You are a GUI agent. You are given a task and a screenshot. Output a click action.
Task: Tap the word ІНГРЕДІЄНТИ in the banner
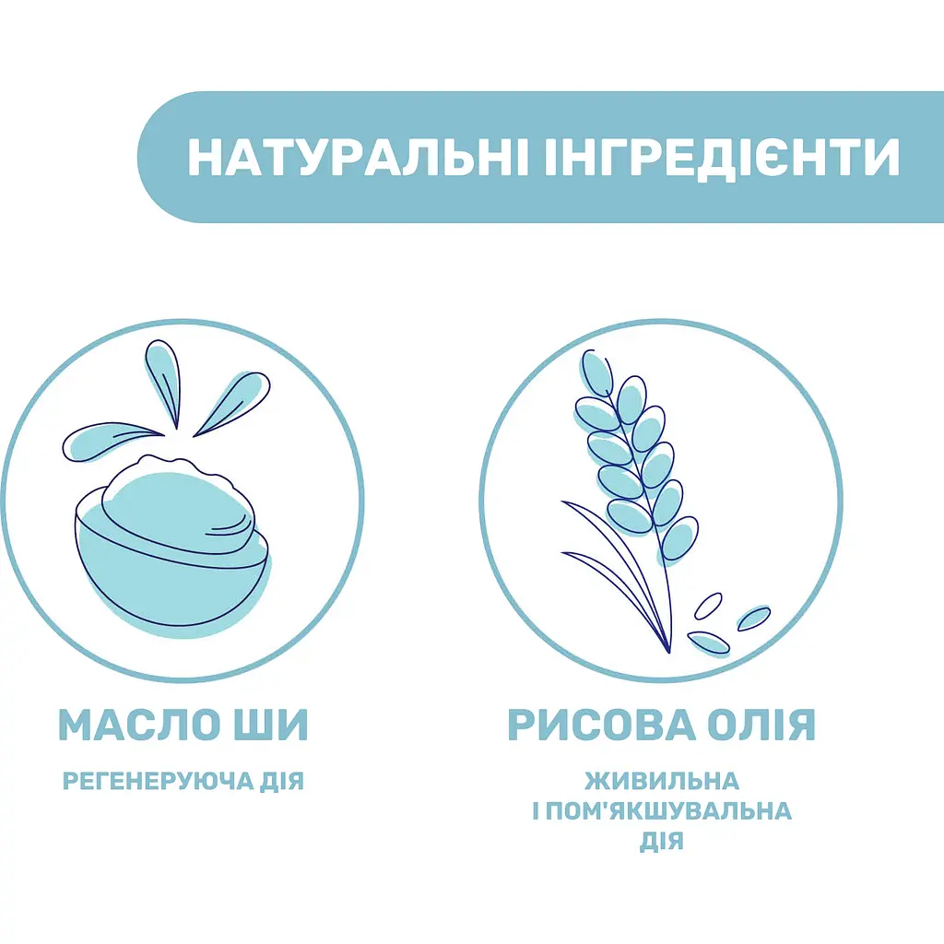(x=716, y=158)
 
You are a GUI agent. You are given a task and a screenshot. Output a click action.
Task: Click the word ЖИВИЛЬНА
(x=662, y=782)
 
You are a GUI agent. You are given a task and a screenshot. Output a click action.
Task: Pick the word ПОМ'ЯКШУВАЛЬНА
(x=673, y=811)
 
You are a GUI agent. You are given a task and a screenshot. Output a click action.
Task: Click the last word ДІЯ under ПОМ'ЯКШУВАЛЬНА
(x=662, y=841)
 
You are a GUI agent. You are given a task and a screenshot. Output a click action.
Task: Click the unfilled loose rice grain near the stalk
(x=707, y=605)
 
